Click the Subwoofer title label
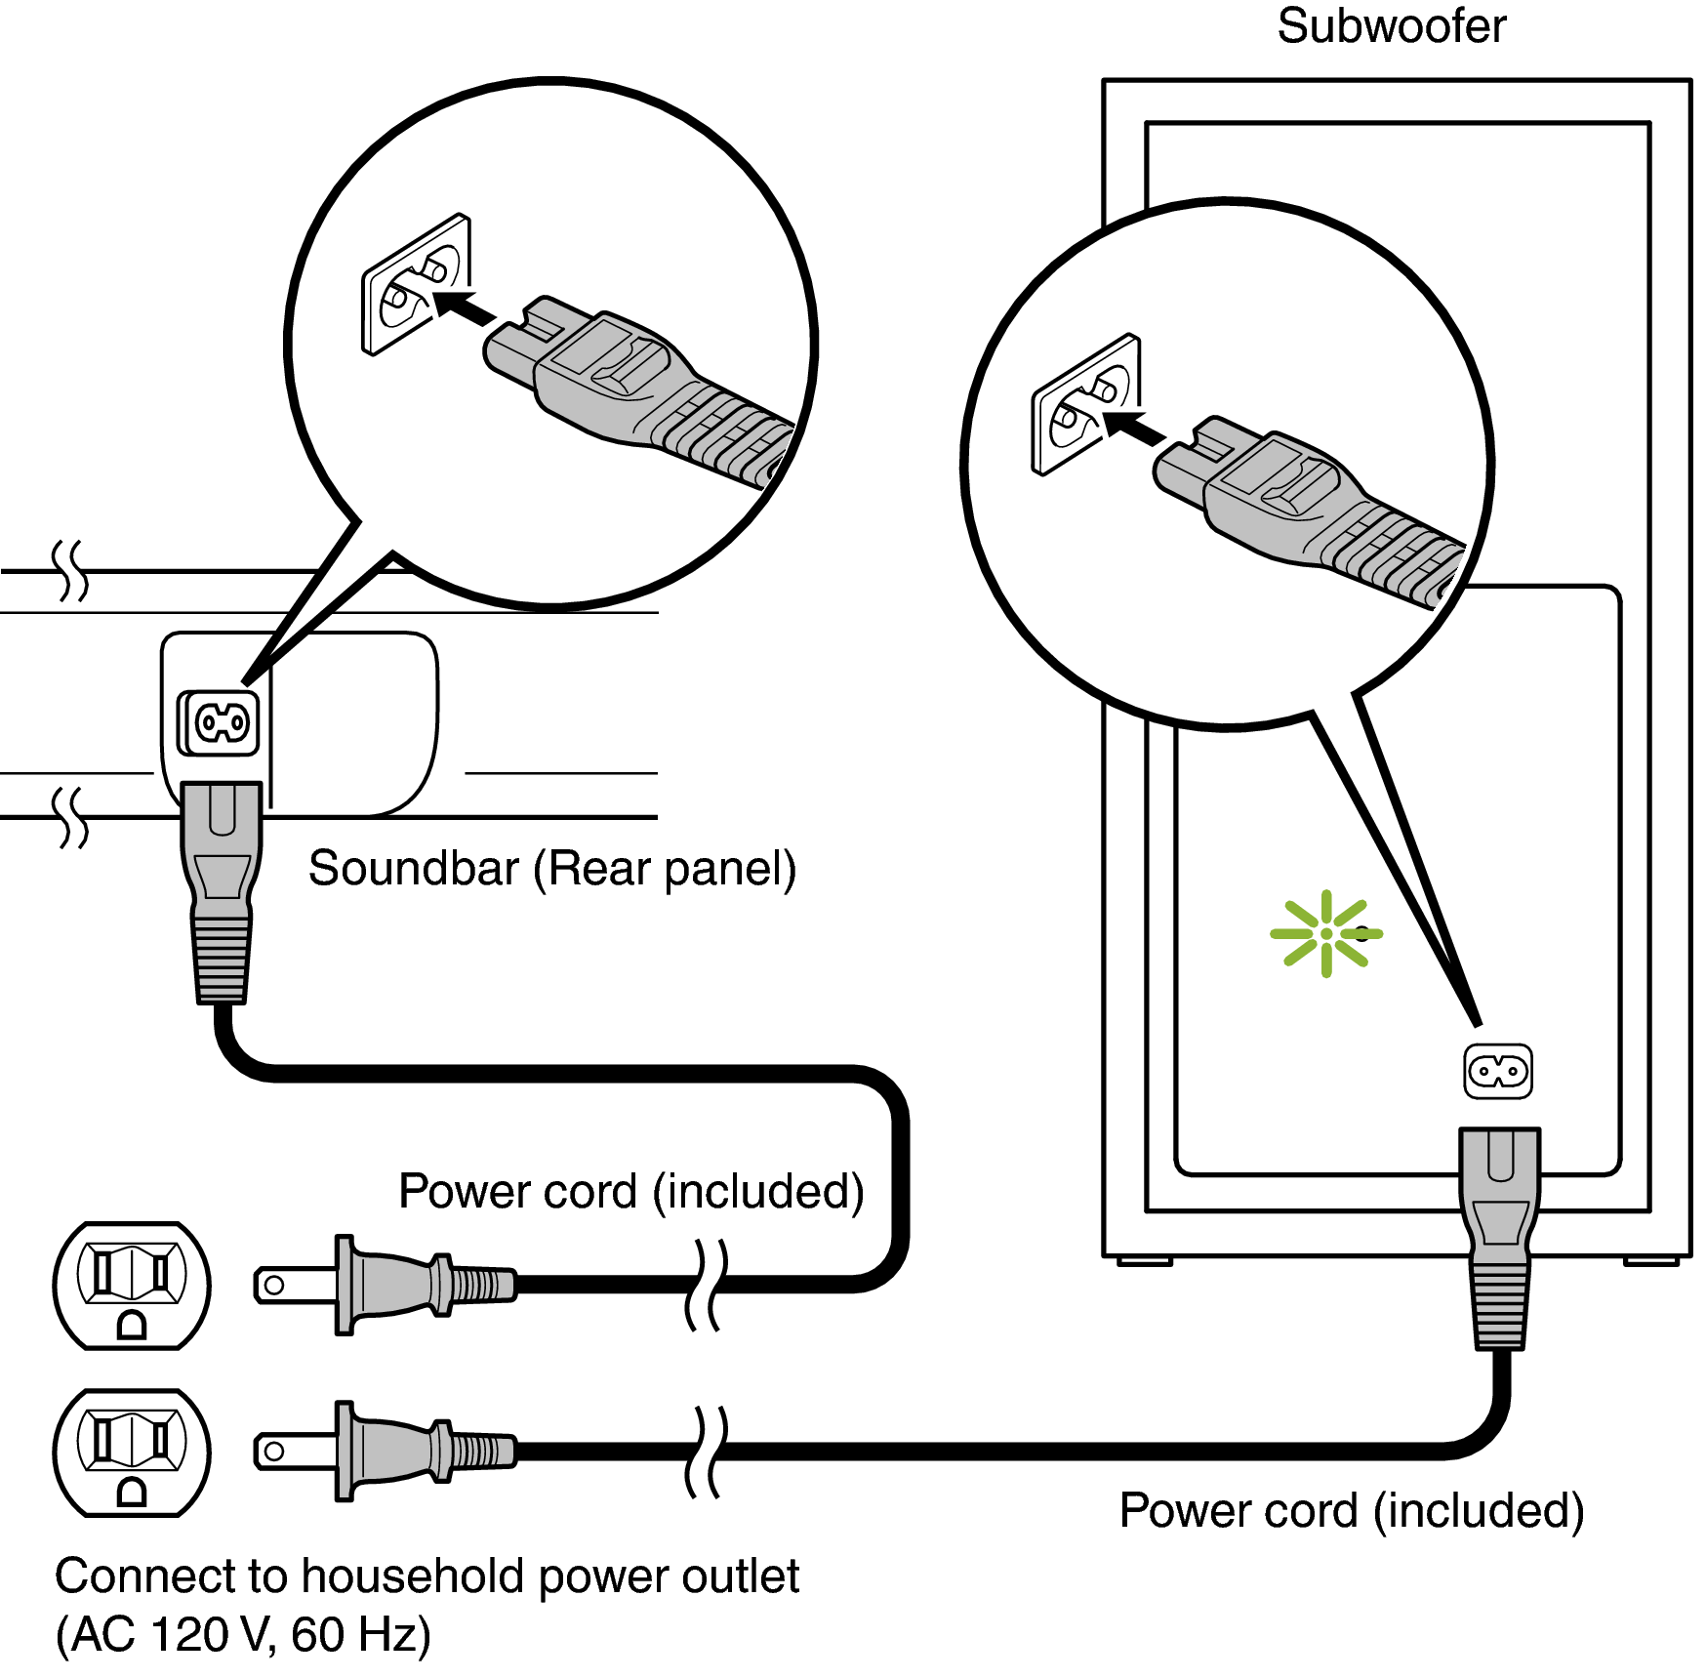tap(1391, 26)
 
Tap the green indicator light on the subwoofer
tap(1325, 933)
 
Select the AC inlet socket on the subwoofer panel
tap(1498, 1071)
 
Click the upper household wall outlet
tap(132, 1285)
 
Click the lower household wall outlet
tap(132, 1453)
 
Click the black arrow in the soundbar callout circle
tap(464, 307)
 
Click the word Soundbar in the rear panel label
tap(413, 868)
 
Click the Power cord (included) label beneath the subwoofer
tap(1351, 1510)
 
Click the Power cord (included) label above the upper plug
tap(630, 1191)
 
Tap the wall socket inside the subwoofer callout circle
tap(1085, 404)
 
